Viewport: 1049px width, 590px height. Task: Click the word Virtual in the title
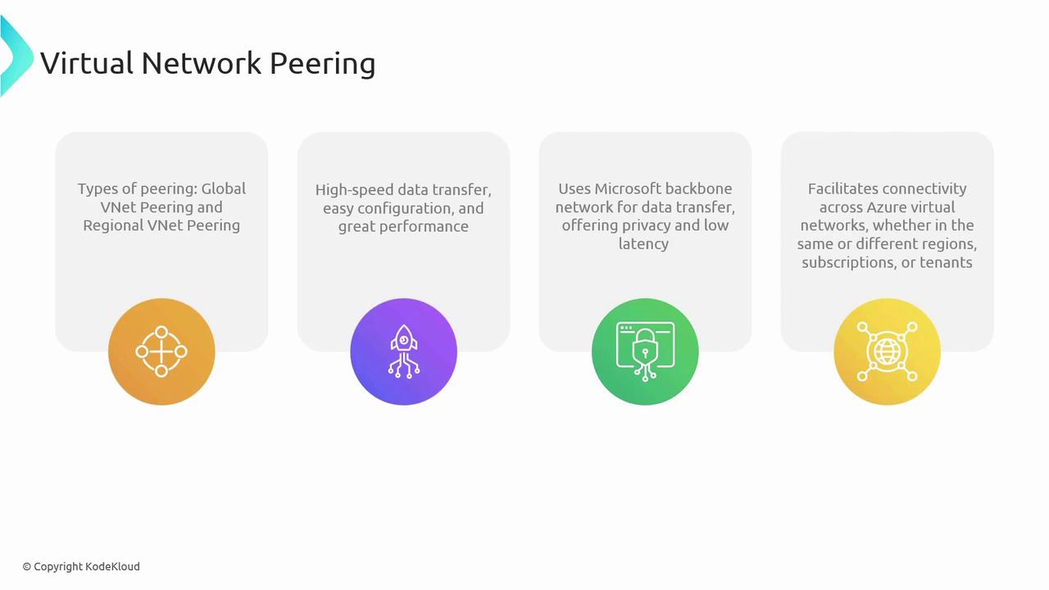(x=87, y=63)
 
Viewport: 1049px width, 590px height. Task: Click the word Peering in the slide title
(x=323, y=64)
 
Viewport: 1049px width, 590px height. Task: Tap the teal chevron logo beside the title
(x=16, y=57)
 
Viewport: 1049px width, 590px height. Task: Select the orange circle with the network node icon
(x=161, y=352)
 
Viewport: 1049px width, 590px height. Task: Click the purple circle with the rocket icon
(x=404, y=352)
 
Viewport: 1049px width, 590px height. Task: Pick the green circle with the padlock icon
(x=645, y=352)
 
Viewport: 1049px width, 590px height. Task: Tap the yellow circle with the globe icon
(x=887, y=352)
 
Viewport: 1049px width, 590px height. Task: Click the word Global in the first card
(x=224, y=188)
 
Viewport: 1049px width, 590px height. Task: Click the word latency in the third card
(x=643, y=244)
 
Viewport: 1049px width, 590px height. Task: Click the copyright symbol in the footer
(x=27, y=567)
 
